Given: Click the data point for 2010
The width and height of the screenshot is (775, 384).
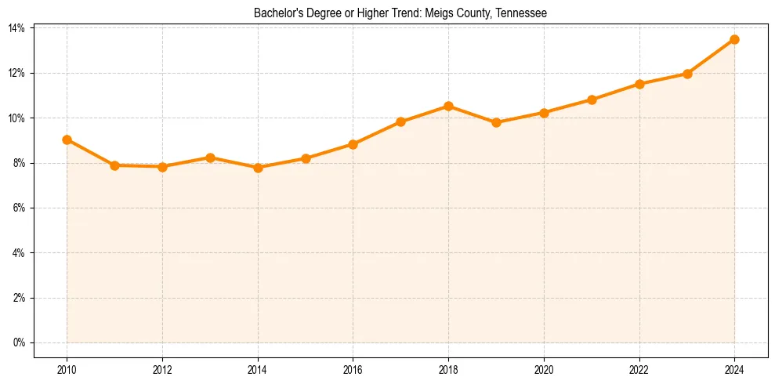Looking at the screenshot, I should [x=67, y=139].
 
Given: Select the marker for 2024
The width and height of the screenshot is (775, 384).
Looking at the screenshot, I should [x=734, y=39].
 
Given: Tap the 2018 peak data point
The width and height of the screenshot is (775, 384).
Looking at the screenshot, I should [x=448, y=106].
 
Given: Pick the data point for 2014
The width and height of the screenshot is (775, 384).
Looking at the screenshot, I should [x=258, y=168].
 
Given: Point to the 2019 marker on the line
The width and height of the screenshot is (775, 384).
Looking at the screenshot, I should [x=496, y=122].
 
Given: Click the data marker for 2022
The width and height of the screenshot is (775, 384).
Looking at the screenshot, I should [x=639, y=84].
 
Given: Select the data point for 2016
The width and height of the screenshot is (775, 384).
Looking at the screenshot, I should [x=353, y=144].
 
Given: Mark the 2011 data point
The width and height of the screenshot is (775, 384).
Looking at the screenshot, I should [x=114, y=165].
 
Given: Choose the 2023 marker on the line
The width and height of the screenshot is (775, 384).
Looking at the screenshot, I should [x=687, y=74].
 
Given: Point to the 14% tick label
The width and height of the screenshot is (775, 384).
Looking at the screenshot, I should [x=16, y=28].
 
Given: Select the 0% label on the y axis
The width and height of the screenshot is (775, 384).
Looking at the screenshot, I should [x=19, y=343].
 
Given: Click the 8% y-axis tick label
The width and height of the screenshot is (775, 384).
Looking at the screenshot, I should [x=19, y=163].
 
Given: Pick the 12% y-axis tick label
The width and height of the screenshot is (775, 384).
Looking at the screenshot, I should [x=16, y=73].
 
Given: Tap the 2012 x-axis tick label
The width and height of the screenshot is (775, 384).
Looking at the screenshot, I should [x=162, y=370].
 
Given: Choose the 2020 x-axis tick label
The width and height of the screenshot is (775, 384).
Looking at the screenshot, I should [x=544, y=370].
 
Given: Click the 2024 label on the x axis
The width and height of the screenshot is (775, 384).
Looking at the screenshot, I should [x=734, y=370].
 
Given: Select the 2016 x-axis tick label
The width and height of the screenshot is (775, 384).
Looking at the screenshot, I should [x=353, y=370].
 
